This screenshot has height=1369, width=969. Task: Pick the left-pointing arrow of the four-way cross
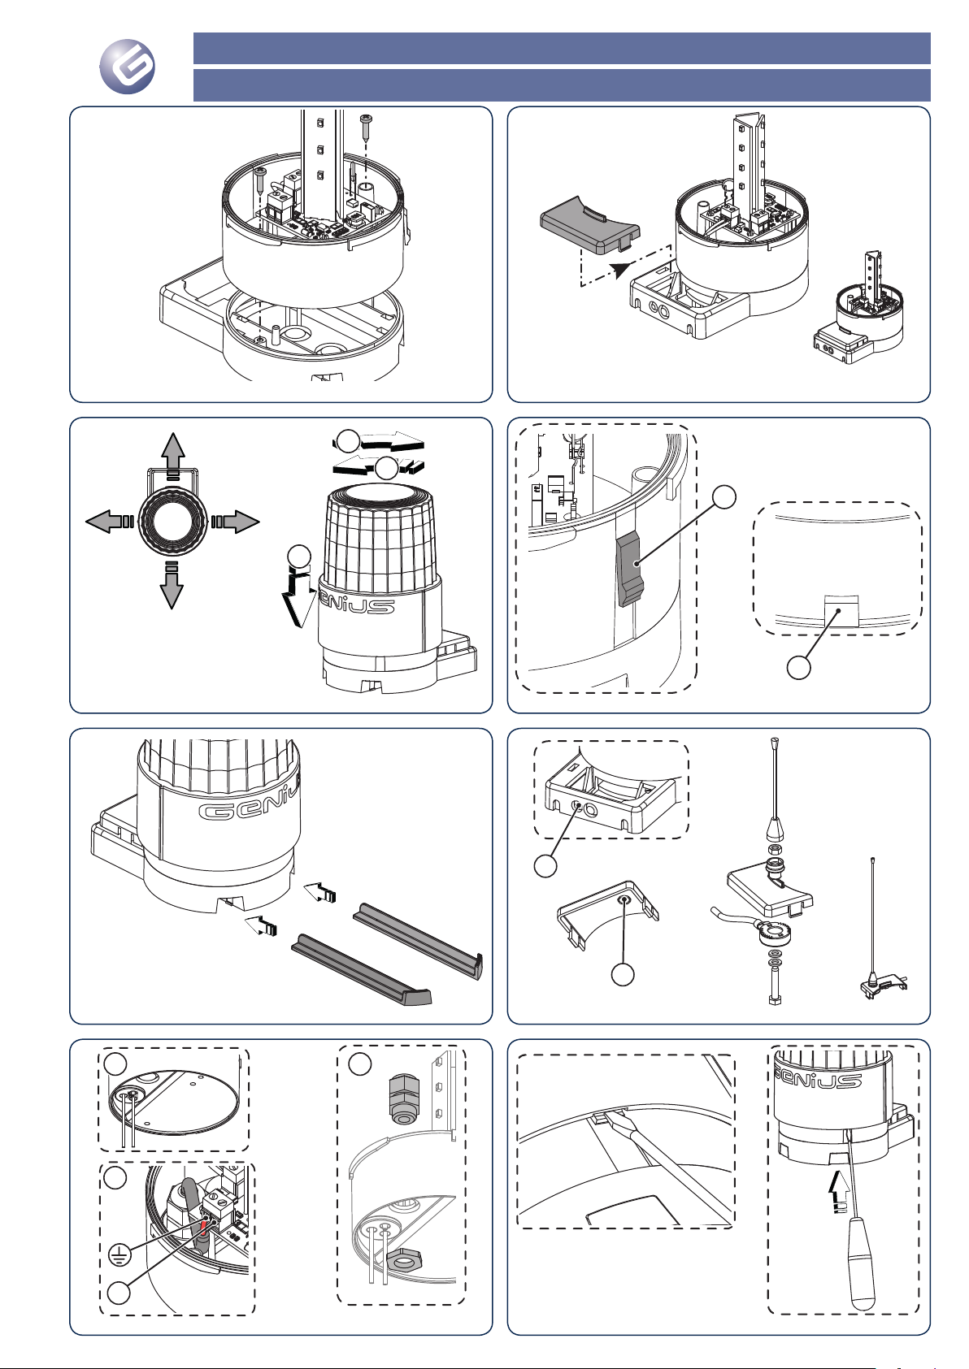coord(107,521)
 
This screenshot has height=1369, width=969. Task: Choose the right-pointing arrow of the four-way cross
coord(237,521)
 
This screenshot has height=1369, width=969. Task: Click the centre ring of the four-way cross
coord(172,521)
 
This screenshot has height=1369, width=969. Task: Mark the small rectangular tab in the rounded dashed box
coord(842,609)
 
